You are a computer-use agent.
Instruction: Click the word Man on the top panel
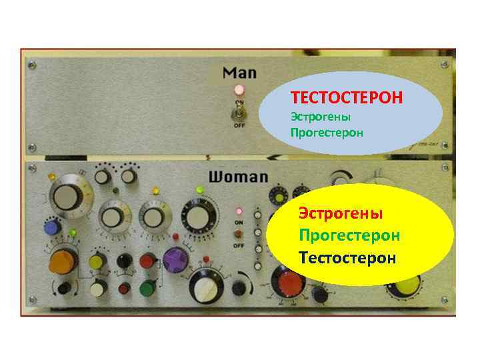click(239, 72)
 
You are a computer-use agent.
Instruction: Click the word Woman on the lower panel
click(238, 177)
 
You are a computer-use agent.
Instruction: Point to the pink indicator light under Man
click(238, 89)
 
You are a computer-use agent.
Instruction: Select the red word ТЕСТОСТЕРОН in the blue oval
click(347, 98)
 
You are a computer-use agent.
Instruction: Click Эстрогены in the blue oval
click(321, 117)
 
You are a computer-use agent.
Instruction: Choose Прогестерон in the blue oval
click(327, 132)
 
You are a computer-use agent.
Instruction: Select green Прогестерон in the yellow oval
click(349, 235)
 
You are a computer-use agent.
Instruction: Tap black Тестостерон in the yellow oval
click(347, 257)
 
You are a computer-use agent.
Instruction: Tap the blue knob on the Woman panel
click(52, 227)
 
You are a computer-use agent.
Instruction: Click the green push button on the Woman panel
click(147, 288)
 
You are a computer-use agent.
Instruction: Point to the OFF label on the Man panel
click(238, 125)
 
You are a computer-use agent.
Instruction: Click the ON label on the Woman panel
click(238, 223)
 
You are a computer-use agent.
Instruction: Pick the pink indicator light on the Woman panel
click(238, 212)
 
